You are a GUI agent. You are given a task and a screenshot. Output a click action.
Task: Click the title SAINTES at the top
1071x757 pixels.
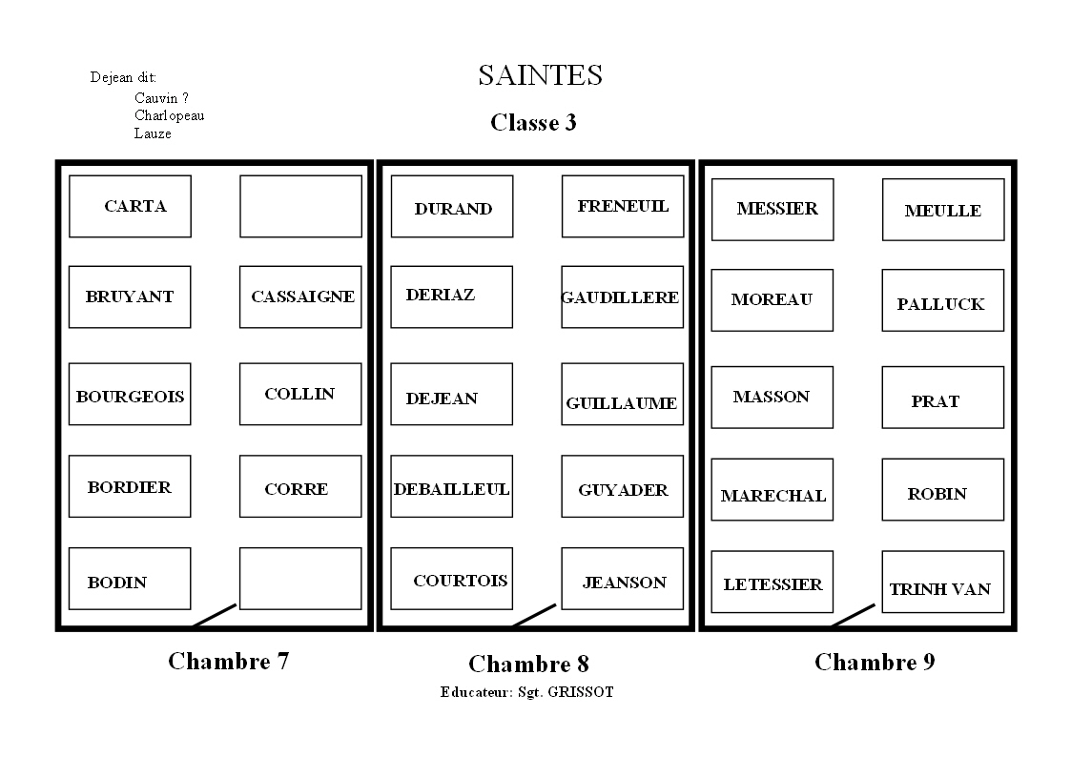pos(540,75)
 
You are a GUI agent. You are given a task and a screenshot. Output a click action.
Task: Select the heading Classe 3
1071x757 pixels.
pos(533,122)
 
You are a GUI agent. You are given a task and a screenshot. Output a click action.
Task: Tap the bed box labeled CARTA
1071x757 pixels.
pos(130,206)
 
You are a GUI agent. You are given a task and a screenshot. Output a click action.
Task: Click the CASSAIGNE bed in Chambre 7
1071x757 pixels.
pos(300,297)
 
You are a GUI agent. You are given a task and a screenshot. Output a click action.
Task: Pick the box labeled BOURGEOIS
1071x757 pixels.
pos(130,394)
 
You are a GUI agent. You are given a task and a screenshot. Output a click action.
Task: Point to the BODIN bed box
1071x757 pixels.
pos(130,579)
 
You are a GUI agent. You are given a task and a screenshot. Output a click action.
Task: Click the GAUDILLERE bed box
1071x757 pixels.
pos(622,297)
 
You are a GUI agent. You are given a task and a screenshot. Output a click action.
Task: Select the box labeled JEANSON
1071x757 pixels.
pos(622,579)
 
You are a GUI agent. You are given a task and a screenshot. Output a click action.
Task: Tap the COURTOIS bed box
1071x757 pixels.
pos(451,579)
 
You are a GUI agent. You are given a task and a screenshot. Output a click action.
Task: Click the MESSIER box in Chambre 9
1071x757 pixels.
pos(772,210)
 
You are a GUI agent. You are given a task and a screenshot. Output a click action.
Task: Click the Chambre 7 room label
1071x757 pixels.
pos(228,661)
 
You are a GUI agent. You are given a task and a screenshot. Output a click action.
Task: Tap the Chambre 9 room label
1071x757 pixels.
pos(875,662)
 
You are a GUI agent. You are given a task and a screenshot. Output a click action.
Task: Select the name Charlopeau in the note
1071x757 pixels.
pos(169,115)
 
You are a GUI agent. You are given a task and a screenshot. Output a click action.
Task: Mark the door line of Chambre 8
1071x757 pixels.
pos(534,615)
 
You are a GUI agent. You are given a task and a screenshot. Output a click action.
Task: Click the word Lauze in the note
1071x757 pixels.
pos(153,133)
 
